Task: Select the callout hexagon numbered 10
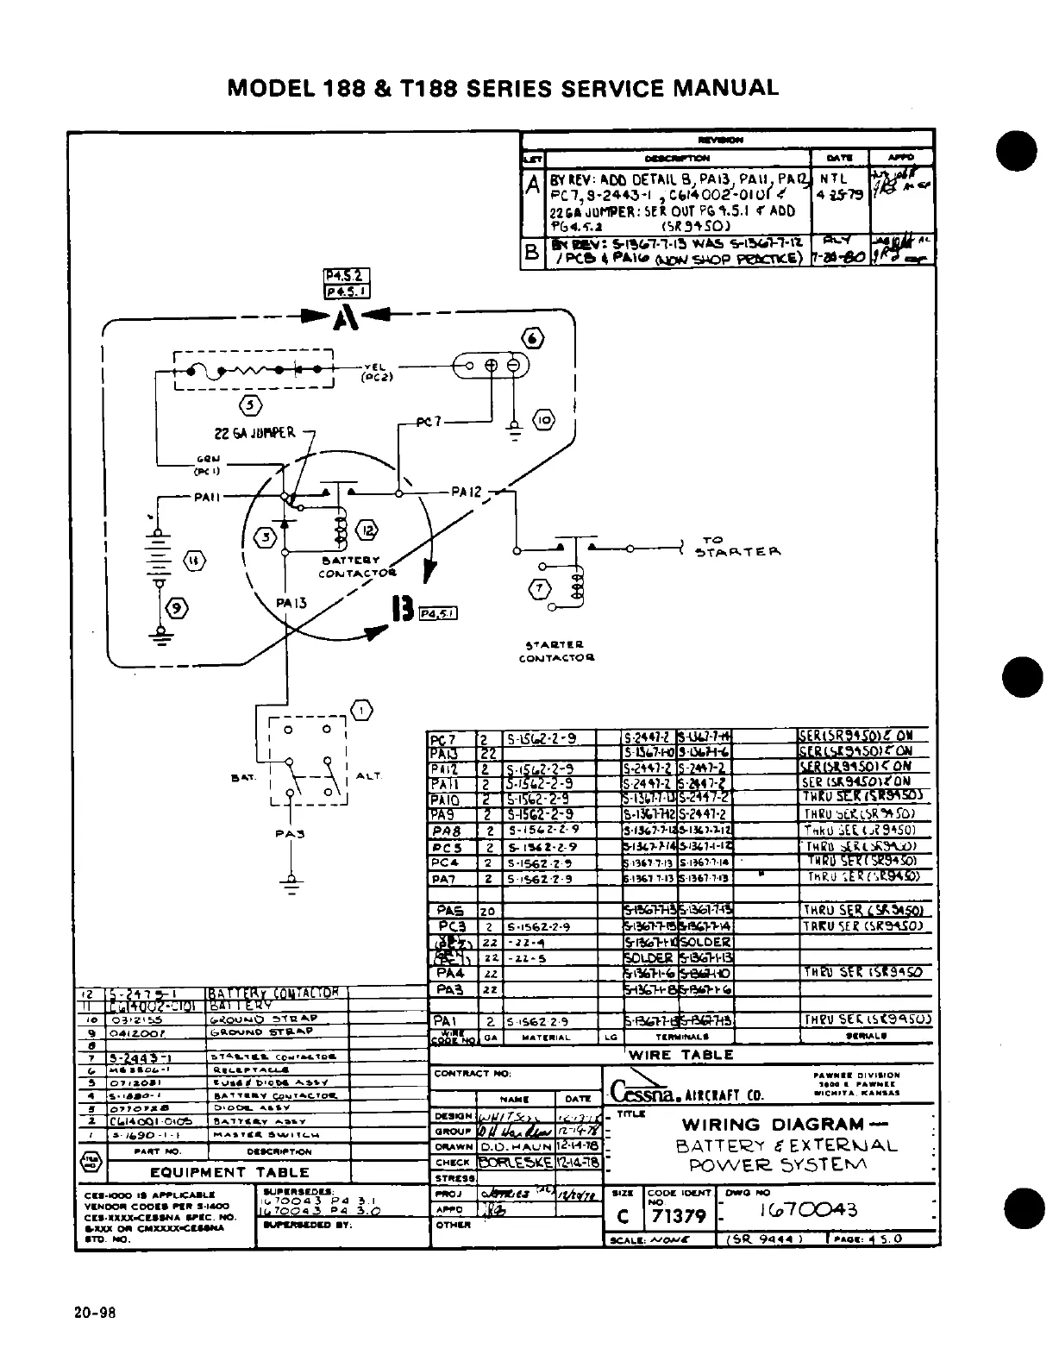pyautogui.click(x=544, y=422)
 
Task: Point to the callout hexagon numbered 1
pyautogui.click(x=361, y=710)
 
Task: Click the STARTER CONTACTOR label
pyautogui.click(x=556, y=650)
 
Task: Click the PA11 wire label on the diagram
pyautogui.click(x=208, y=497)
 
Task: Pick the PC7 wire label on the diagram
pyautogui.click(x=428, y=423)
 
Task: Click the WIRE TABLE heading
pyautogui.click(x=680, y=1054)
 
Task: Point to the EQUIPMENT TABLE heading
pyautogui.click(x=229, y=1172)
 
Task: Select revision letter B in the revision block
pyautogui.click(x=533, y=256)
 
